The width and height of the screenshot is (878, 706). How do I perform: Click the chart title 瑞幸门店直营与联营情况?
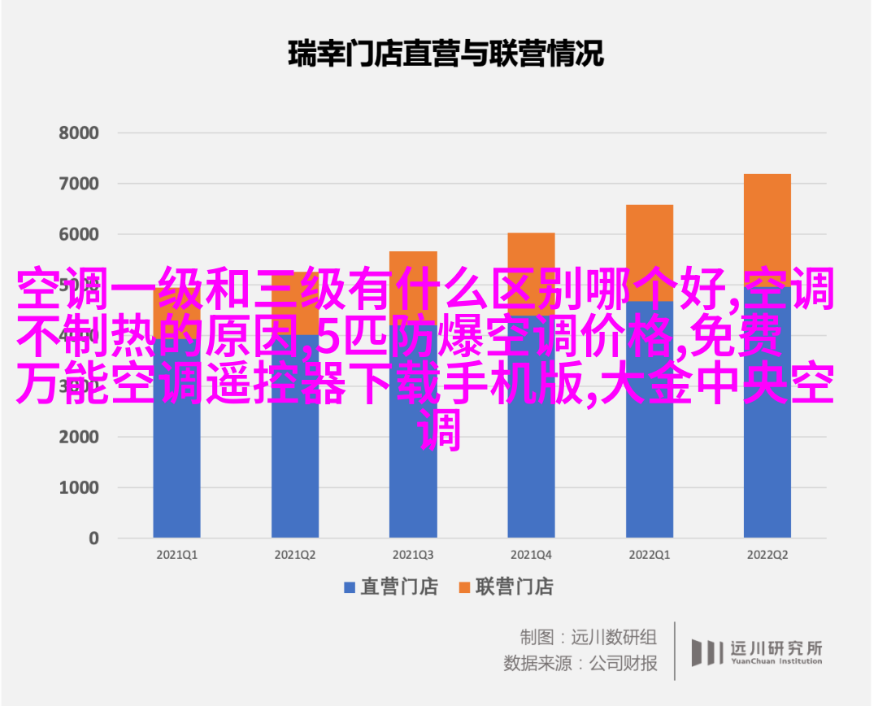click(446, 54)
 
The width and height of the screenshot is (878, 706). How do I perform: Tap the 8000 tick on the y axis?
click(79, 133)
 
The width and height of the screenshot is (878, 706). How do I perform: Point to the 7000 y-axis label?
click(79, 184)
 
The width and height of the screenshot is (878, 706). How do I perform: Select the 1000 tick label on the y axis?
click(79, 487)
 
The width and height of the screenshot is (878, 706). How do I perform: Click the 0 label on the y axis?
click(93, 538)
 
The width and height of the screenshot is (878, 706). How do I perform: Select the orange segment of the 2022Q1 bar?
click(650, 244)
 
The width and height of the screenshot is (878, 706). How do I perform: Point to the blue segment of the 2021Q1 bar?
click(176, 472)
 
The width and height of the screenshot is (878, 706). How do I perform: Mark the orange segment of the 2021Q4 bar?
click(531, 252)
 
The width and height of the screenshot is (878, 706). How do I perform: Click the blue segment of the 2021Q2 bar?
click(295, 472)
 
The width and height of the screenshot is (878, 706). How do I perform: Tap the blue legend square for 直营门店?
click(350, 587)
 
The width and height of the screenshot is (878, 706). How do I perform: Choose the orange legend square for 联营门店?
click(464, 587)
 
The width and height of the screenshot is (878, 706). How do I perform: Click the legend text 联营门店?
click(515, 587)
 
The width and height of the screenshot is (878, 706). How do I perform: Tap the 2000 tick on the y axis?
click(79, 437)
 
